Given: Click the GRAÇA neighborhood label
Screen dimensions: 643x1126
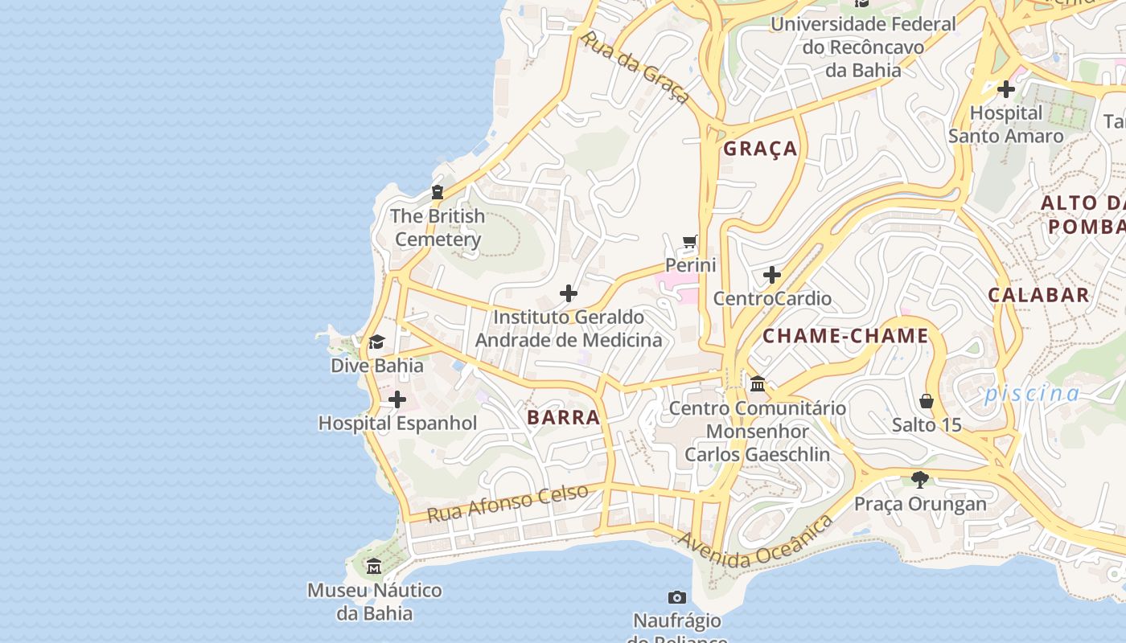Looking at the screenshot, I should point(760,149).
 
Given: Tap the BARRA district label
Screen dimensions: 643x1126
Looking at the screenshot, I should point(564,417).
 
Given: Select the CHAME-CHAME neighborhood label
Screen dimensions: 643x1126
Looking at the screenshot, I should point(845,336).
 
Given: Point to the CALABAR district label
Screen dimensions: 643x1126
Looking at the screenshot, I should point(1038,295).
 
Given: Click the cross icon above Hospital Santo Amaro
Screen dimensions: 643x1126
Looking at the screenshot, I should point(1005,89).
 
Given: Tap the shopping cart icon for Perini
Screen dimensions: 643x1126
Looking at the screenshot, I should point(690,241).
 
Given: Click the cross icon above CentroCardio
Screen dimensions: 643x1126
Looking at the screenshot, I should point(772,276).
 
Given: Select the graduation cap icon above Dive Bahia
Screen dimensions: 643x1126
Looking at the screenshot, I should point(376,342).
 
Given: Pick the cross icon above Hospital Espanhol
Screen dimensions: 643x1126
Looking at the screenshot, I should point(397,399).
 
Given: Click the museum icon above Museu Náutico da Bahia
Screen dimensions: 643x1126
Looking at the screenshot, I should point(374,567).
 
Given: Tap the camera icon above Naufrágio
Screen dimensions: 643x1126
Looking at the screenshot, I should point(677,597).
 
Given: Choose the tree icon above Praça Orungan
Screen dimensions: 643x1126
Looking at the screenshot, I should point(920,481).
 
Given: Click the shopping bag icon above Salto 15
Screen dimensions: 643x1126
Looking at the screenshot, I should point(927,401).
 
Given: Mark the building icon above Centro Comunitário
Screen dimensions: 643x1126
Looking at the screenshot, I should point(757,384).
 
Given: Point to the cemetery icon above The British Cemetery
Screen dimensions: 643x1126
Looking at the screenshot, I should point(438,192).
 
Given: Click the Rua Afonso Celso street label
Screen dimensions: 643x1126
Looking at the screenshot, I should point(508,503).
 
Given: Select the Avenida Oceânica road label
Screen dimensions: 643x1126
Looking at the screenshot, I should point(755,543).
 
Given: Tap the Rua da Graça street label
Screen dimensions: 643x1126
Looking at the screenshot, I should point(635,68).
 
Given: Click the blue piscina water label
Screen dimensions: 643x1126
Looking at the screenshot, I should point(1032,394).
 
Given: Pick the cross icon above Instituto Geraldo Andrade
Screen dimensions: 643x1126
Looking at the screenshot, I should point(569,293).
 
